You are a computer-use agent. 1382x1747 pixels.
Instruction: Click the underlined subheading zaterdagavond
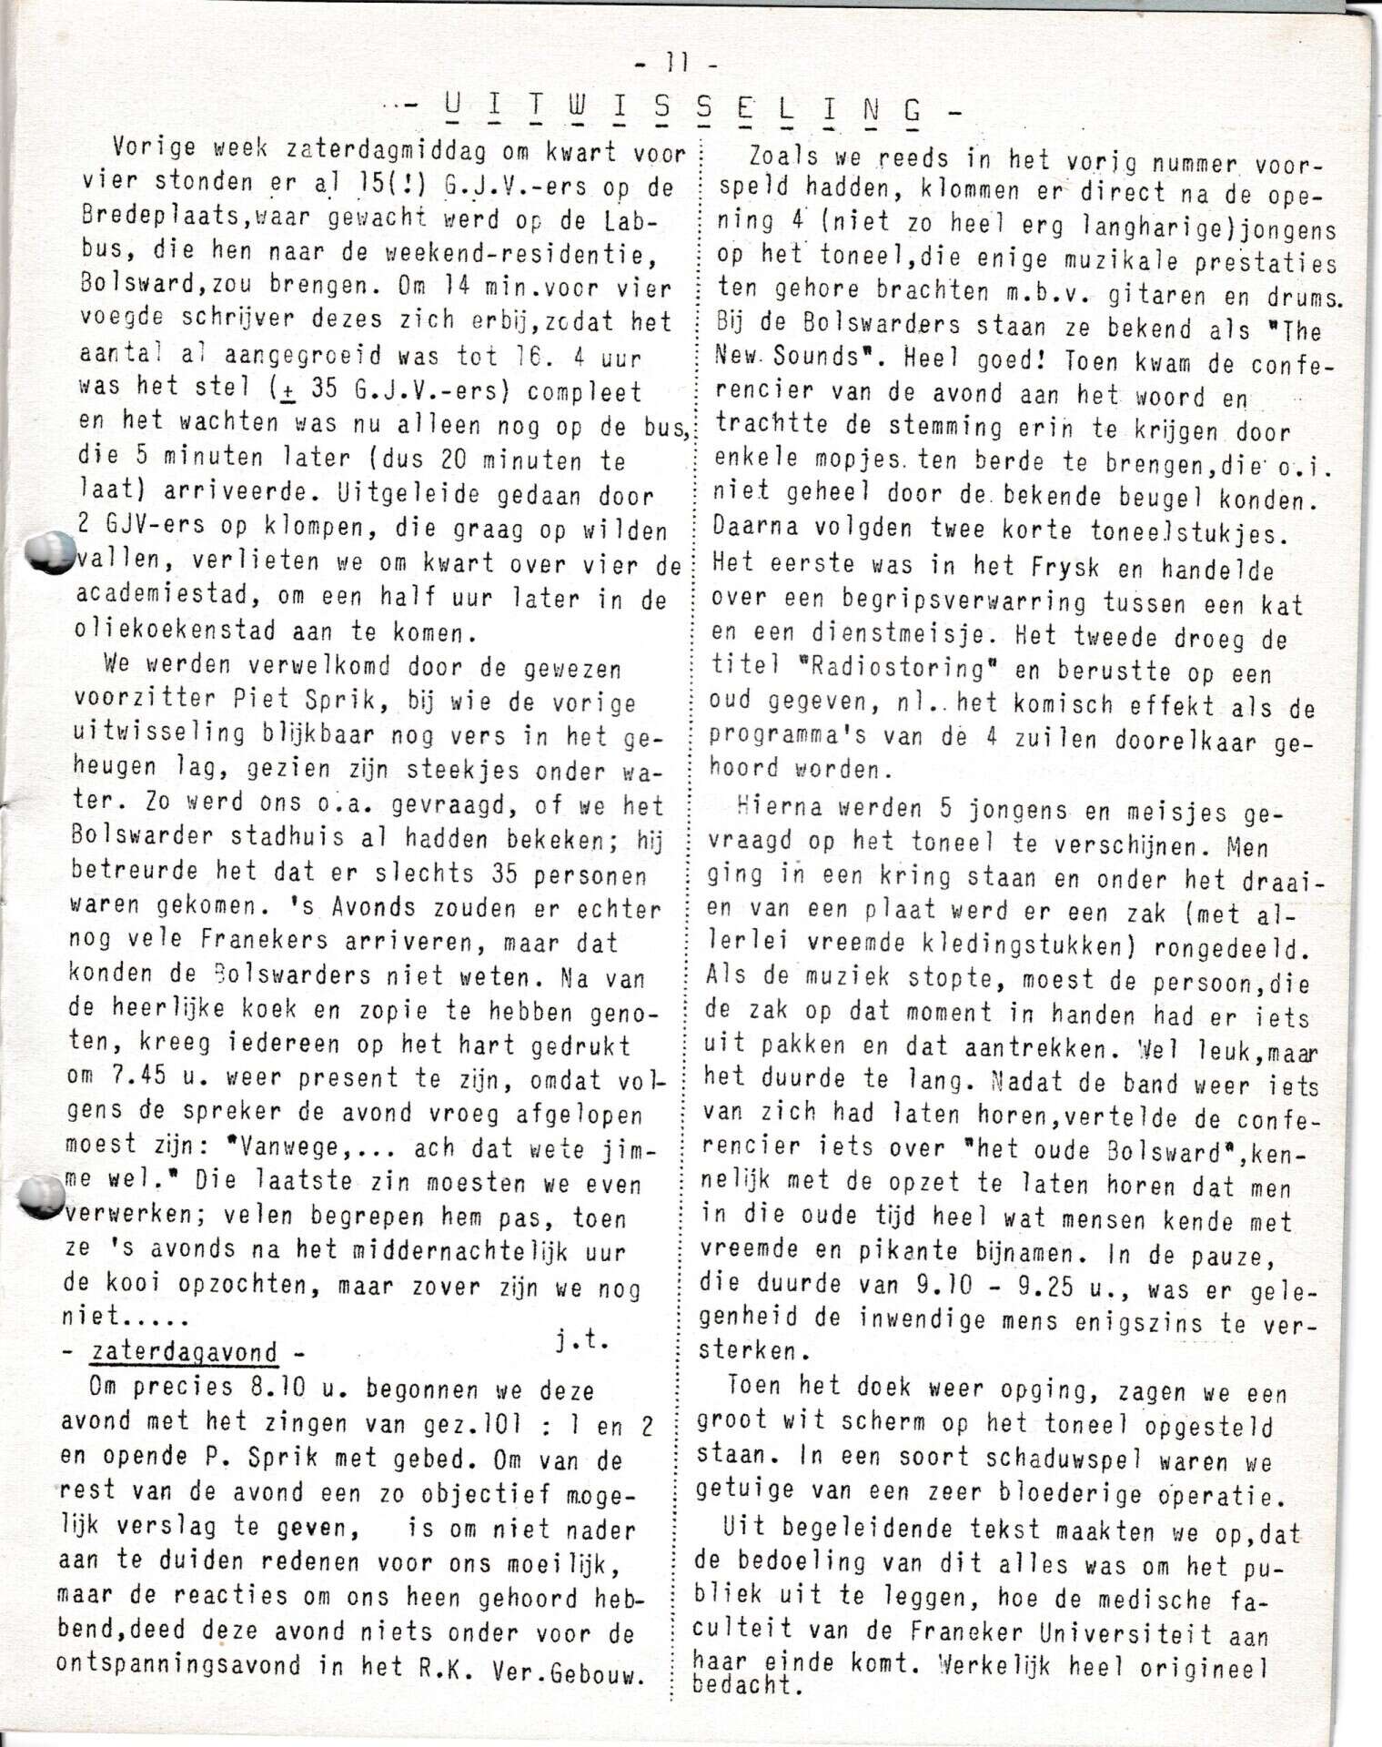point(185,1351)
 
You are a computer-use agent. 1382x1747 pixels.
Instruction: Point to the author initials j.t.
point(581,1340)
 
